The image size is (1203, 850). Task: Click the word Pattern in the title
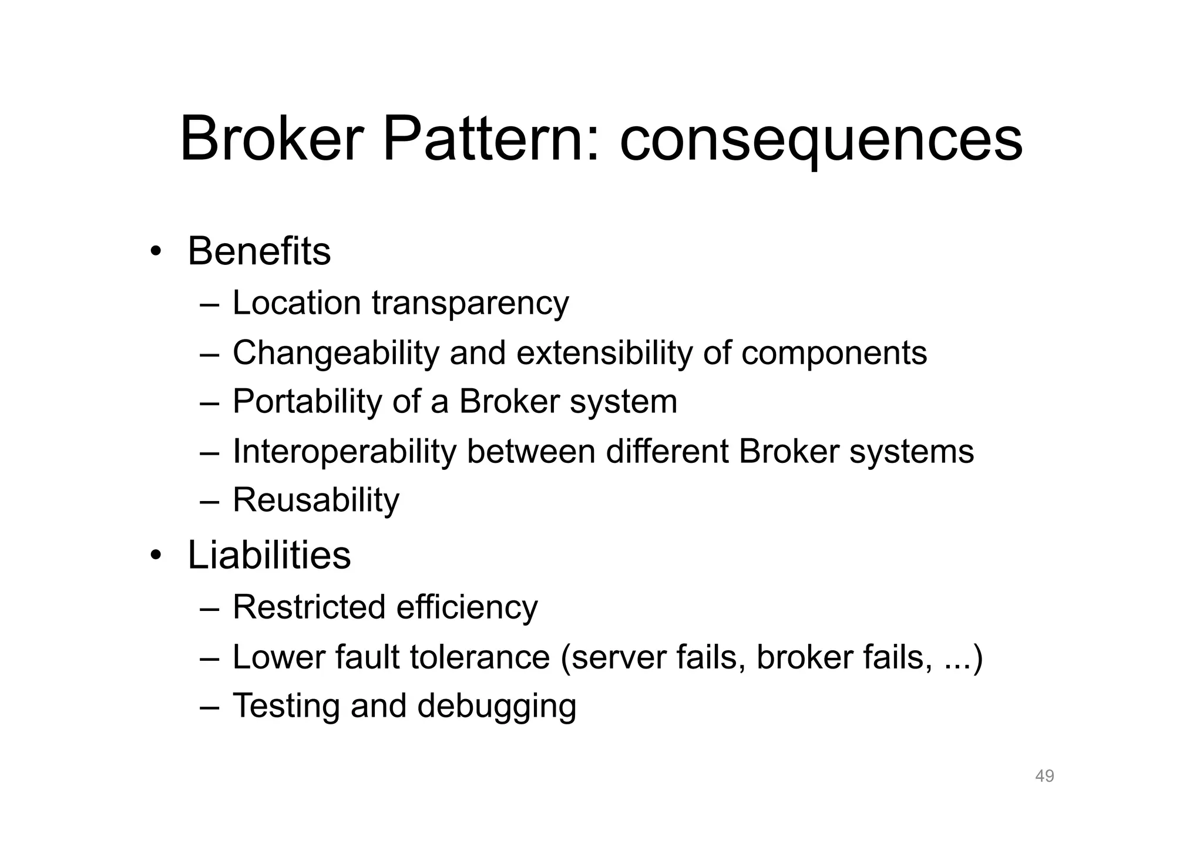click(x=491, y=140)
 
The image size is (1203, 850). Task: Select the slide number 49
click(x=1044, y=776)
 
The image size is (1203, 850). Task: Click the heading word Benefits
click(x=259, y=251)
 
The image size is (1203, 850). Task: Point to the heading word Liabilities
click(x=269, y=555)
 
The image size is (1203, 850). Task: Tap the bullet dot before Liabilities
click(x=155, y=556)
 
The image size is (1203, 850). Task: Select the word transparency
click(x=470, y=304)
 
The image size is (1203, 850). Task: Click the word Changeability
click(x=336, y=354)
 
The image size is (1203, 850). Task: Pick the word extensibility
click(x=604, y=353)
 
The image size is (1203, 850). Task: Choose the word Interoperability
click(x=344, y=452)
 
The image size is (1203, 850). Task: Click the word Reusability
click(x=316, y=501)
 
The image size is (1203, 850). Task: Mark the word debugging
click(x=496, y=707)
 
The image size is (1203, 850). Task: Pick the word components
click(x=834, y=354)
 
